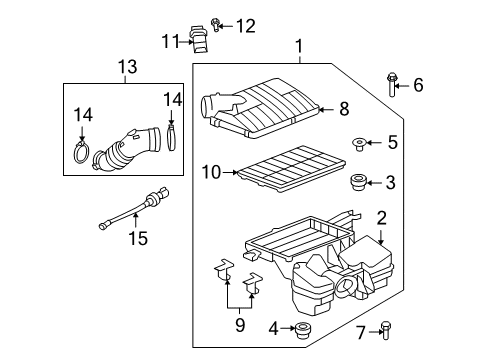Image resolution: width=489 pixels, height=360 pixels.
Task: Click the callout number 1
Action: point(298,45)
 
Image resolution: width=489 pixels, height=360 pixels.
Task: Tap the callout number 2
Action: point(381,218)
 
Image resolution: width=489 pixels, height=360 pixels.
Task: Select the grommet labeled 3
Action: point(357,182)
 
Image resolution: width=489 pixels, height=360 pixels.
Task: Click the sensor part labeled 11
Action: point(197,40)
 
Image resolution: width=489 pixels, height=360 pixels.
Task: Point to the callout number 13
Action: point(127,67)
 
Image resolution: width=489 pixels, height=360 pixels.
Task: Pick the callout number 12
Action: point(245,25)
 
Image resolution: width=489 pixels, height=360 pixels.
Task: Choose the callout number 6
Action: point(418,86)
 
